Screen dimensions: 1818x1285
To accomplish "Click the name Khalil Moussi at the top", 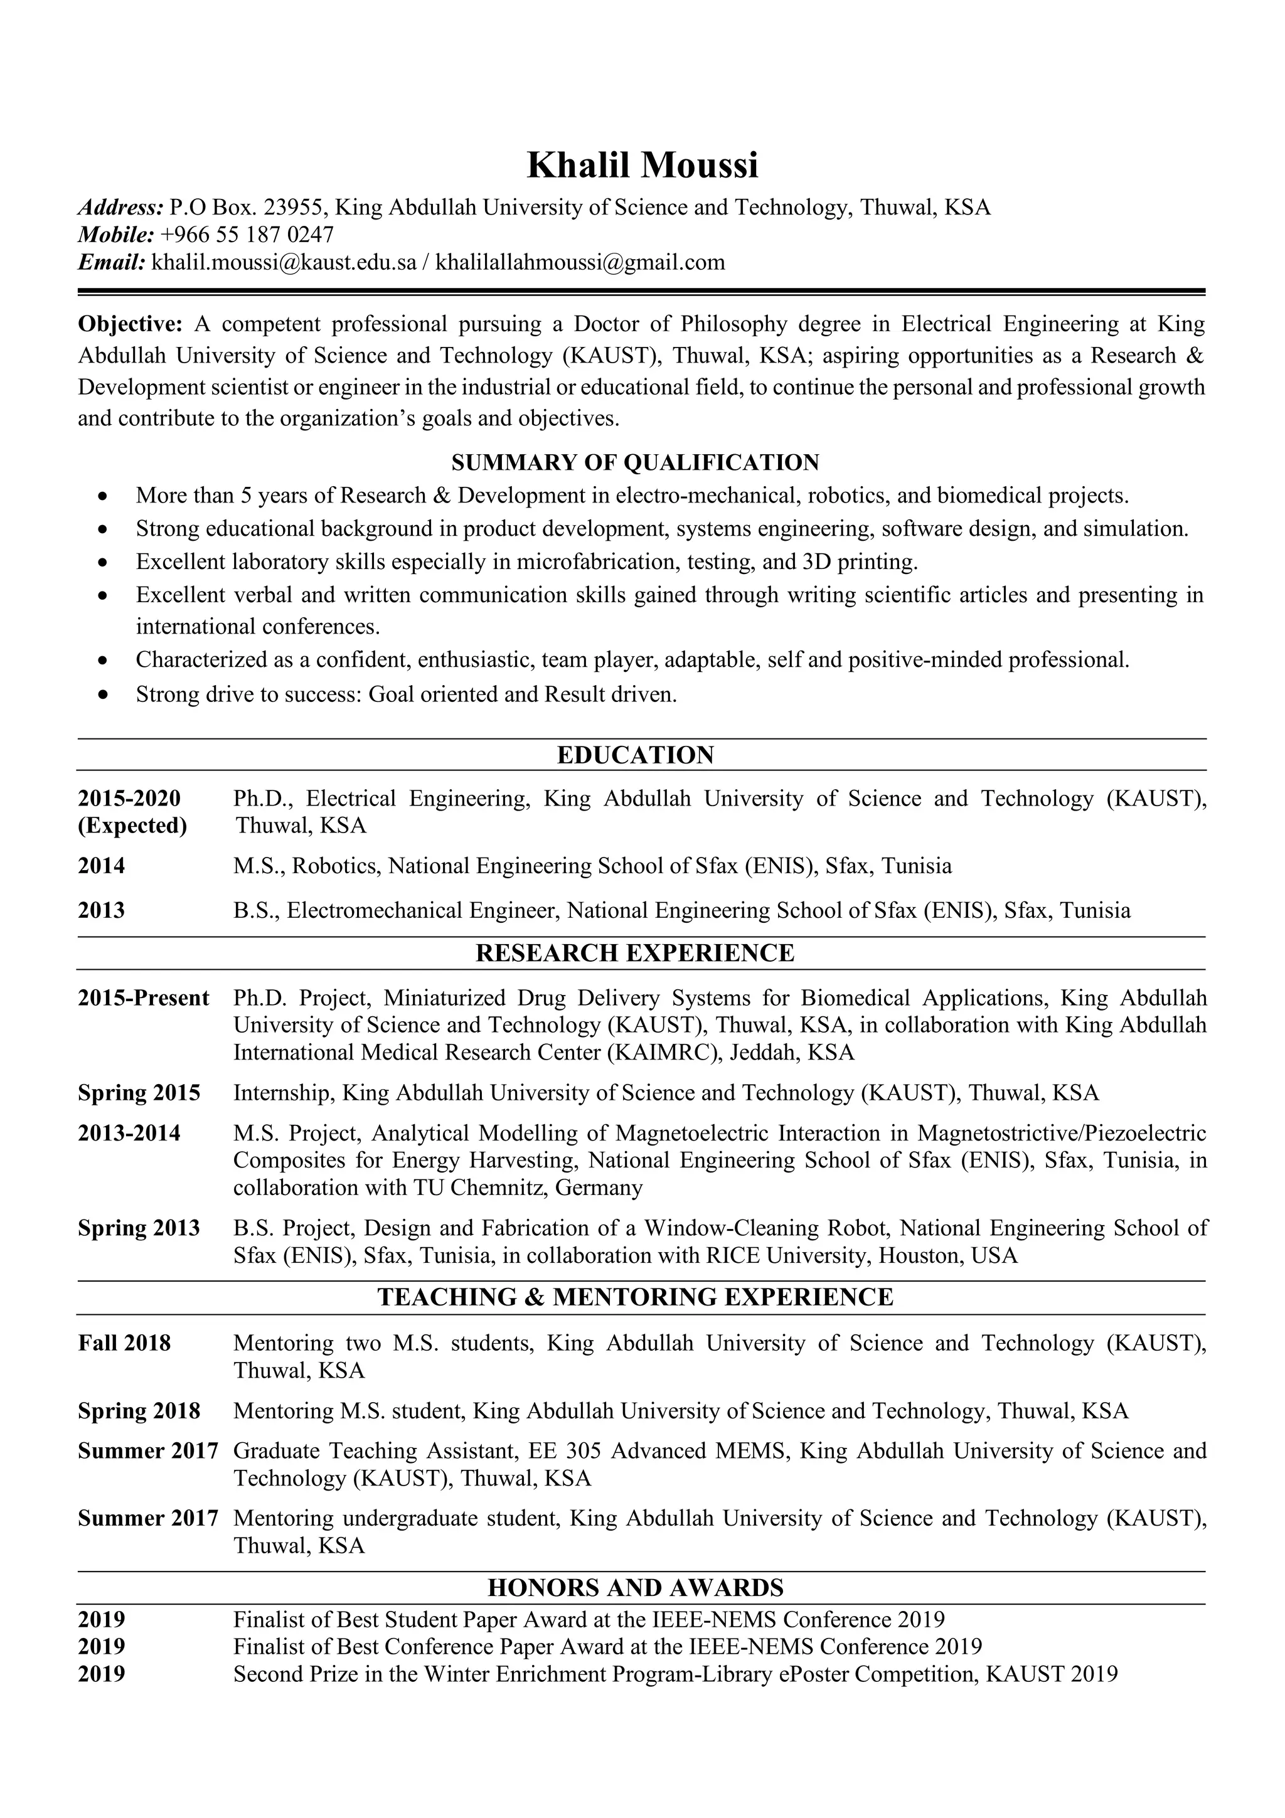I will click(642, 166).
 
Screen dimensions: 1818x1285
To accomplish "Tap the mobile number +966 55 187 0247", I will click(247, 235).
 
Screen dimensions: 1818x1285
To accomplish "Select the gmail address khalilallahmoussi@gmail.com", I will click(580, 262).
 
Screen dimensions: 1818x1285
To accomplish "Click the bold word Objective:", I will click(130, 324).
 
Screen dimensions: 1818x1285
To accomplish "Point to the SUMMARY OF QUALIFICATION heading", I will click(635, 462).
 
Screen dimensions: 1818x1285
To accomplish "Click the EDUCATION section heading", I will click(635, 755).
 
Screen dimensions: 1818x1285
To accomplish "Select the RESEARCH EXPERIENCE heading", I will click(635, 952).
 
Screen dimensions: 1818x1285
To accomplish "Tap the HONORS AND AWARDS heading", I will click(635, 1588).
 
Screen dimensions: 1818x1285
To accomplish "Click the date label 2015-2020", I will click(129, 798).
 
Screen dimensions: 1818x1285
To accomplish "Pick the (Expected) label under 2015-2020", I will click(132, 826).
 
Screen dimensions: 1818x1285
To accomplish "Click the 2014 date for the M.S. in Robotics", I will click(102, 866).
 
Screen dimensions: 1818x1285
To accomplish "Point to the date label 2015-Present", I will click(143, 997).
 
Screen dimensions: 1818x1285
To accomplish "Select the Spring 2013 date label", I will click(139, 1228).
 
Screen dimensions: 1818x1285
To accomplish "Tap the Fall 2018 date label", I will click(124, 1343).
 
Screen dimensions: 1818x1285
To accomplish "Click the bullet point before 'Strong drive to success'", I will click(102, 695).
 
